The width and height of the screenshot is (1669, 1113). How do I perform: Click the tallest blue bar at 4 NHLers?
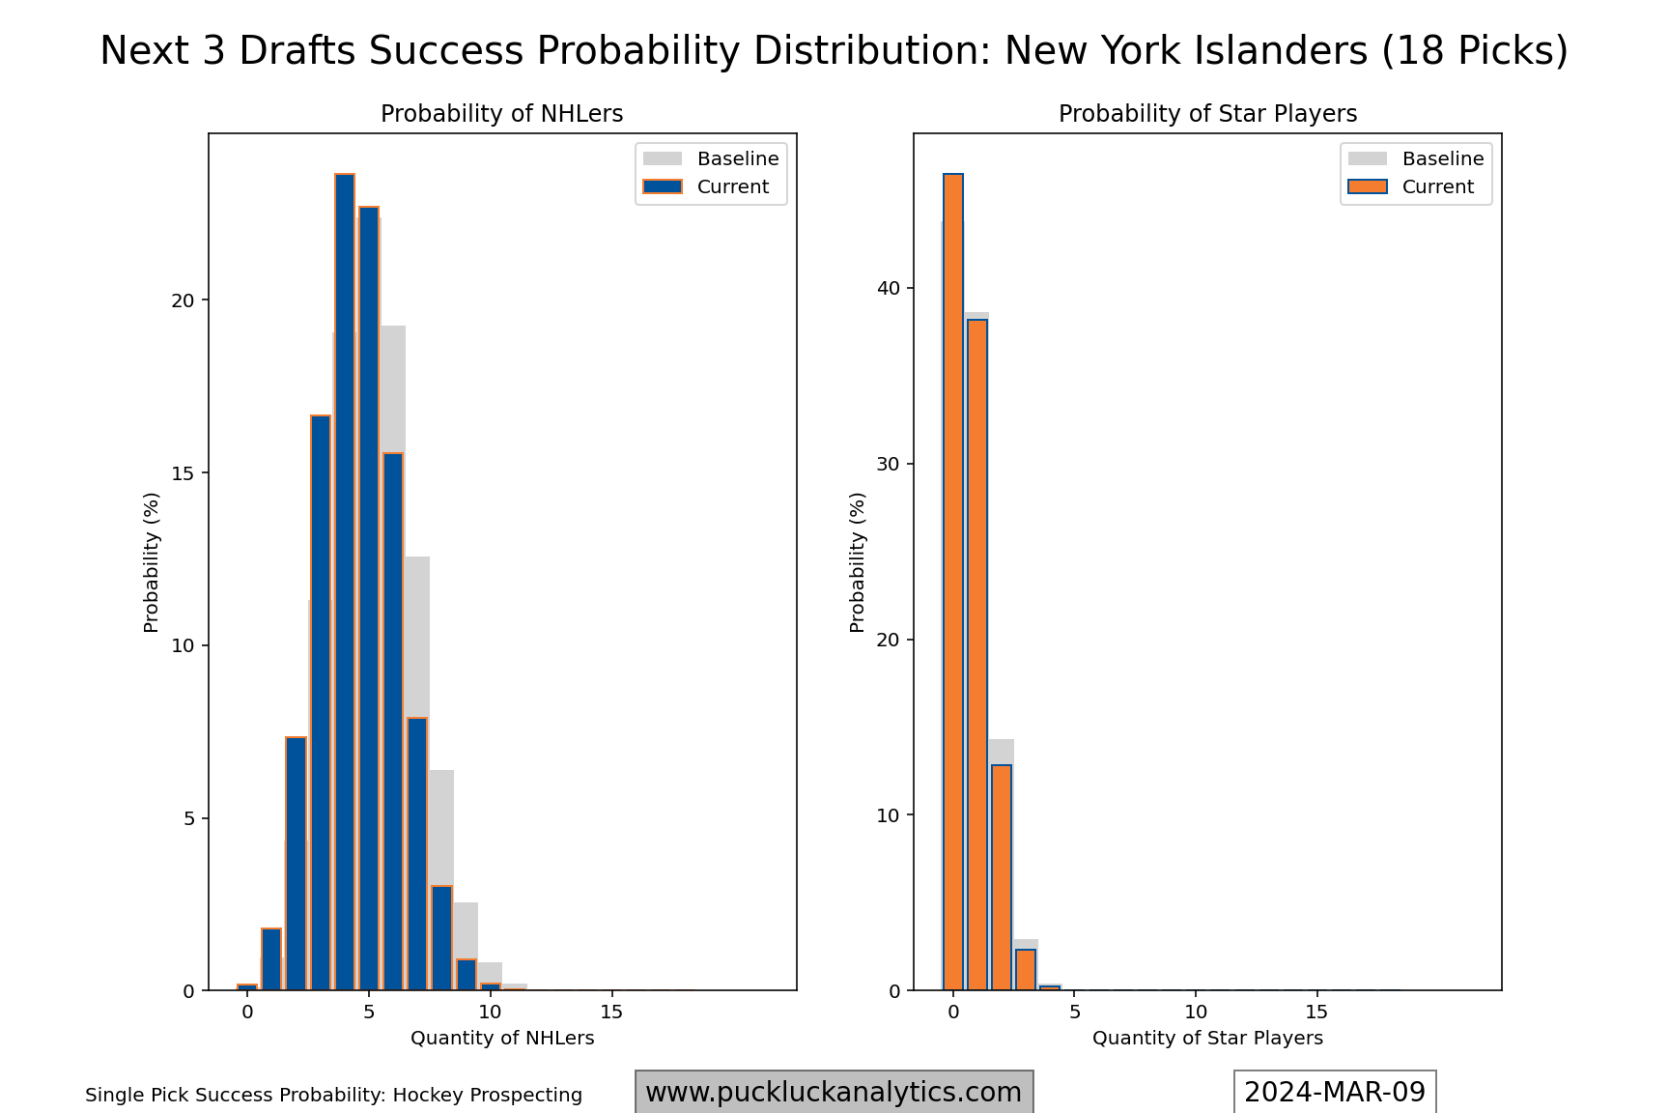(345, 580)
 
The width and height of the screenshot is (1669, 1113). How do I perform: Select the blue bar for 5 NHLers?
(369, 599)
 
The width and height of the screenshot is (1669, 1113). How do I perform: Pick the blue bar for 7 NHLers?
(417, 854)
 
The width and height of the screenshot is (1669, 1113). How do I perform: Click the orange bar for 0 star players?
(953, 580)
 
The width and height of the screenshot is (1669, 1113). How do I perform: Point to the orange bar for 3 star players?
(1026, 970)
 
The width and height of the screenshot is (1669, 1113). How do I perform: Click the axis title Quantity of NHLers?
(502, 1039)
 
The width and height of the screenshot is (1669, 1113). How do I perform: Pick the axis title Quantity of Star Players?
(1207, 1039)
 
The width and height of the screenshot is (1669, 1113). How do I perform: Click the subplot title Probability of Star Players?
(1207, 114)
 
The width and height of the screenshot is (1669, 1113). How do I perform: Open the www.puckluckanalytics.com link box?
(834, 1093)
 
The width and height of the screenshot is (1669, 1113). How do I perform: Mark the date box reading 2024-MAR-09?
(1335, 1093)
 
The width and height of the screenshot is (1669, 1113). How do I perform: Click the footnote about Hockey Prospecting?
(333, 1096)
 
